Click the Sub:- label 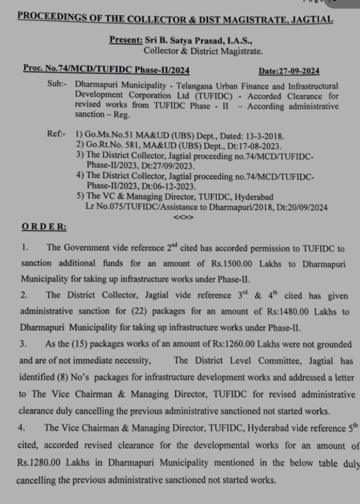(57, 86)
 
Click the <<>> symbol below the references (184, 216)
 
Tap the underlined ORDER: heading (43, 227)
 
